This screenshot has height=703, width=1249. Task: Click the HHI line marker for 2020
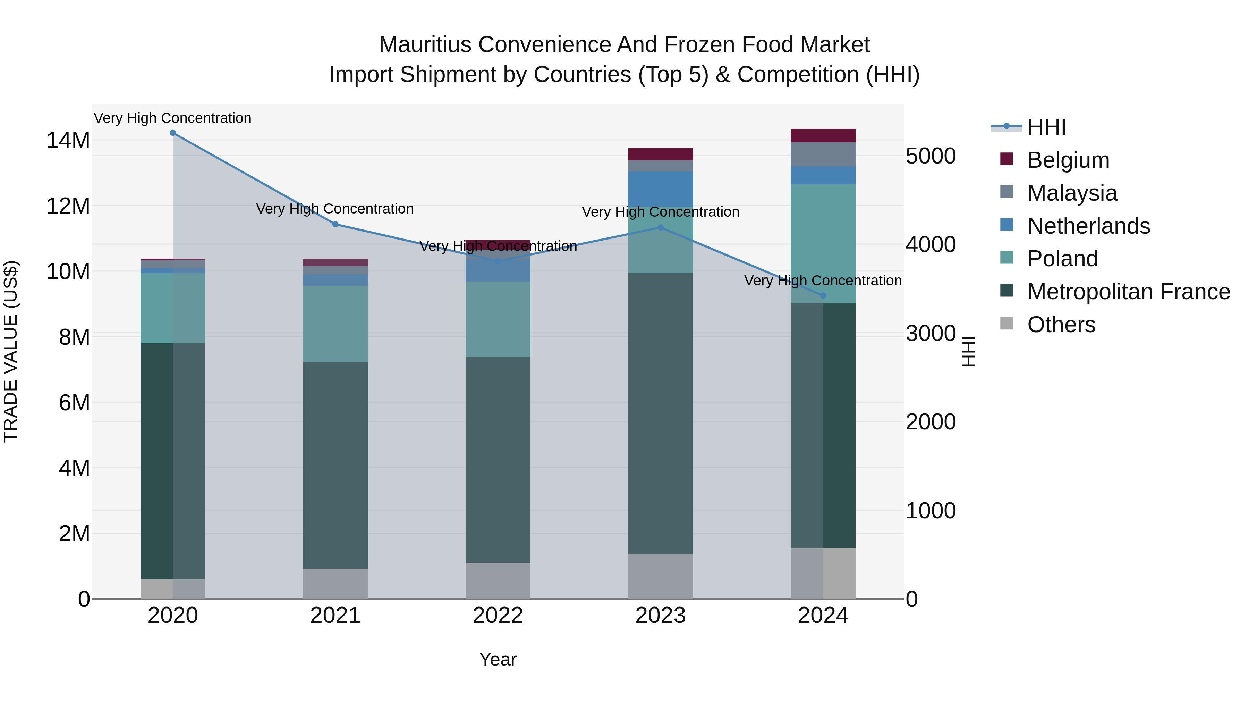(173, 133)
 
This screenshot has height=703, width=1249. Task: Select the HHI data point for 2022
(498, 261)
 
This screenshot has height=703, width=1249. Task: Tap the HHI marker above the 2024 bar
(823, 295)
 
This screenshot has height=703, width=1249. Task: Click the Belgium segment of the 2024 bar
(823, 135)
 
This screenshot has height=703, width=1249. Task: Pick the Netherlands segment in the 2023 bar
(660, 189)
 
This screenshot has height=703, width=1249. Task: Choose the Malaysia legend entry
(1072, 193)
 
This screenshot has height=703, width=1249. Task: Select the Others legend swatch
(1006, 324)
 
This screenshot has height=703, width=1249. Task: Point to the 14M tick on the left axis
(68, 141)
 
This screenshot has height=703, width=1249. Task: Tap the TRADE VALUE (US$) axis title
(11, 351)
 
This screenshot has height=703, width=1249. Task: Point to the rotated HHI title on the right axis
(969, 351)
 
